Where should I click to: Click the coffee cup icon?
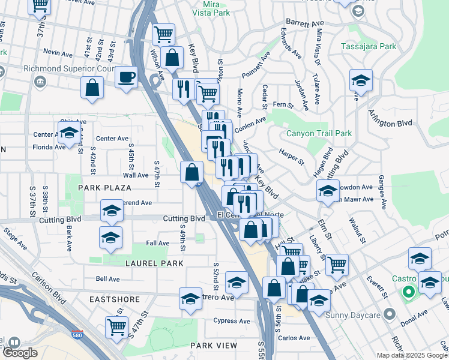pos(126,77)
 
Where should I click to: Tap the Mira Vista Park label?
pos(207,8)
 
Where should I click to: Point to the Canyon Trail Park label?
pos(319,133)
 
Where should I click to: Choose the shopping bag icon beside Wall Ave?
pos(191,172)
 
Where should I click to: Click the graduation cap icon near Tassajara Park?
pos(361,80)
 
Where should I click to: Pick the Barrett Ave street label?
pos(305,23)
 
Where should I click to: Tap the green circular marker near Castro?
pos(409,293)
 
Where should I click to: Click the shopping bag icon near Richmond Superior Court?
pos(93,88)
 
